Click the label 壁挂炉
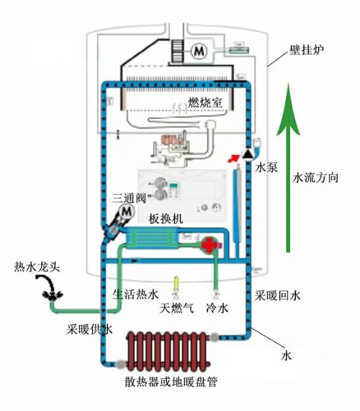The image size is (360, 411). point(306,50)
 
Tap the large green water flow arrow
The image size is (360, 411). point(288,168)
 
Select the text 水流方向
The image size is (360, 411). point(315,178)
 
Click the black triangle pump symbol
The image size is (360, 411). point(247,154)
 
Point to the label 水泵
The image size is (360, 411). point(266,168)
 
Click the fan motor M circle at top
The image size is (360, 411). point(199,51)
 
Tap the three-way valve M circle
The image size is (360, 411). point(126,211)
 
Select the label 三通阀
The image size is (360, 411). point(129,198)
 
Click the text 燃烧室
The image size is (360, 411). point(205,103)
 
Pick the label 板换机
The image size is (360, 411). point(166,219)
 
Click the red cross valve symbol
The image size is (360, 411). point(209,245)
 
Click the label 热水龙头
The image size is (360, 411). point(37,268)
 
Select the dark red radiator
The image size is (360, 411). point(169,351)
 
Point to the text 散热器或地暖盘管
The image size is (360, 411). point(171,382)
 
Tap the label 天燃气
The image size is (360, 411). point(177,308)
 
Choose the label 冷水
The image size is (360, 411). point(217,308)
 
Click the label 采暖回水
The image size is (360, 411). point(278,296)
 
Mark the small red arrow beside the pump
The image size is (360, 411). point(234,158)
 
